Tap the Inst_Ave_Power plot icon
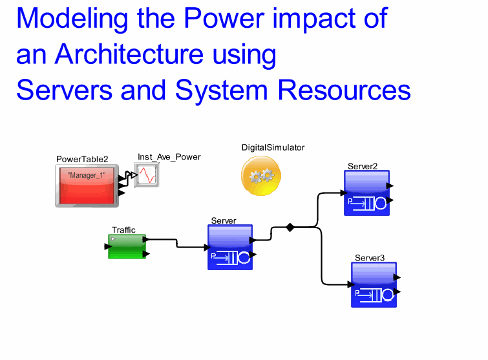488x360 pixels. pyautogui.click(x=147, y=175)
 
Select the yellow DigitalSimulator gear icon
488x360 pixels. pyautogui.click(x=261, y=175)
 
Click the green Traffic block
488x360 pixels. pyautogui.click(x=127, y=246)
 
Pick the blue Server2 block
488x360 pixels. pyautogui.click(x=366, y=193)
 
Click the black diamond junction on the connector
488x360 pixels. pyautogui.click(x=290, y=227)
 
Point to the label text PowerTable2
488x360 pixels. pyautogui.click(x=82, y=159)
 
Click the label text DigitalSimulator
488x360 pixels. pyautogui.click(x=273, y=147)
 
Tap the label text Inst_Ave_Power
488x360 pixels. pyautogui.click(x=169, y=156)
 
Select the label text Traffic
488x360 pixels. pyautogui.click(x=123, y=229)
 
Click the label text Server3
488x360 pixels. pyautogui.click(x=370, y=258)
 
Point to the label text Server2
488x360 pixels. pyautogui.click(x=363, y=166)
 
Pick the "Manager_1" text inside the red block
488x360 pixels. pyautogui.click(x=90, y=176)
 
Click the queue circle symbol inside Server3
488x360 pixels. pyautogui.click(x=387, y=295)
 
